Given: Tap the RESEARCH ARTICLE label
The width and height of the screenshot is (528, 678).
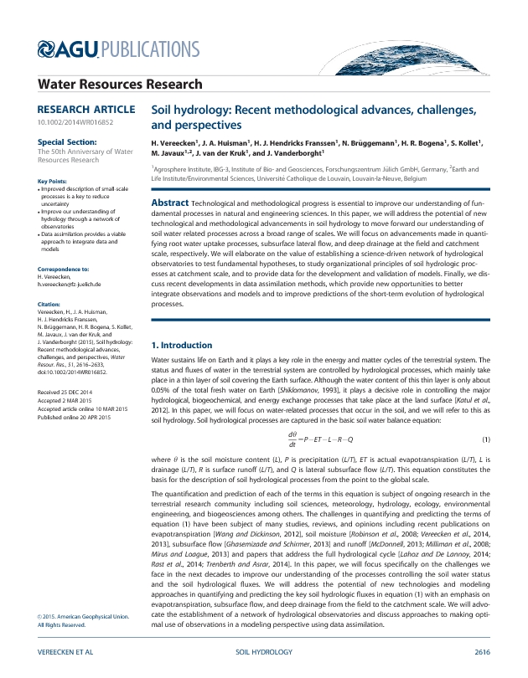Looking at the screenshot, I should pyautogui.click(x=85, y=110).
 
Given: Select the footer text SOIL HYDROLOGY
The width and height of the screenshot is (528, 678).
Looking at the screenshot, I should pyautogui.click(x=264, y=650).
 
